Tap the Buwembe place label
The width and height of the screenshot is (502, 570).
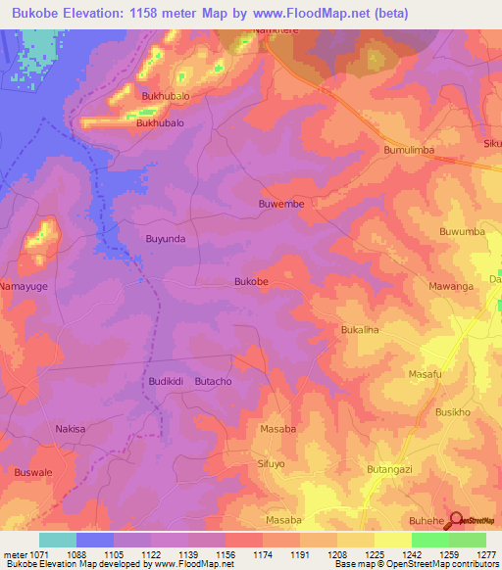tap(281, 204)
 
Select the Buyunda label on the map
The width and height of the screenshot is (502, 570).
tap(165, 238)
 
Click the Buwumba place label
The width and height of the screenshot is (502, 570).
tap(462, 232)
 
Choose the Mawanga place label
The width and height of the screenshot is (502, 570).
tap(451, 286)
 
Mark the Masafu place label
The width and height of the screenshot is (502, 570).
tap(426, 375)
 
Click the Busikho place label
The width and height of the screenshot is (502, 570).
tap(454, 412)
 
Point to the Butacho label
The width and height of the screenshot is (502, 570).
tap(213, 381)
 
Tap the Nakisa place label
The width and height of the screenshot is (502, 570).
tap(71, 429)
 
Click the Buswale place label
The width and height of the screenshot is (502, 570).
tap(33, 471)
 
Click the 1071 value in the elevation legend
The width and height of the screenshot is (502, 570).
tap(29, 553)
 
